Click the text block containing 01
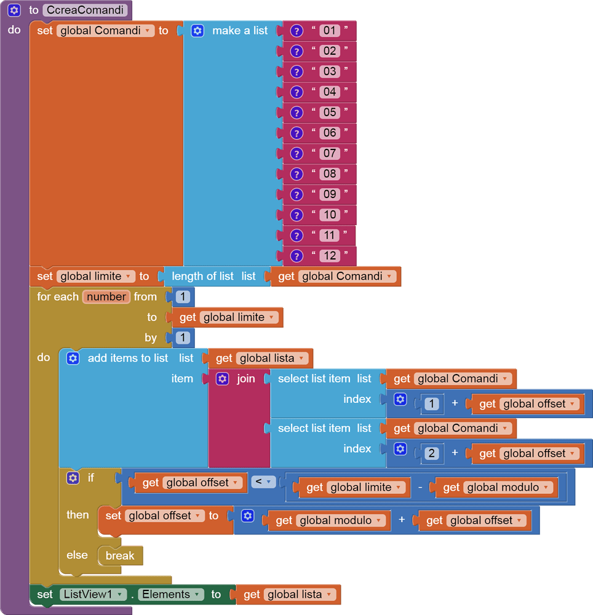pos(330,30)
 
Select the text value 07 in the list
pos(330,153)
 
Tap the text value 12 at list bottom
pos(330,256)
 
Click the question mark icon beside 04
pos(296,92)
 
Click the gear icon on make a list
pos(197,30)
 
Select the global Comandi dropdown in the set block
pos(105,30)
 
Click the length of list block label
pos(202,276)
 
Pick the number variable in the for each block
pos(106,296)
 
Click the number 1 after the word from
pos(183,297)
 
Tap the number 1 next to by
pos(183,338)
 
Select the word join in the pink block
pos(245,379)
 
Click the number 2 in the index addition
pos(431,453)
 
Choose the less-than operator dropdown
pos(263,482)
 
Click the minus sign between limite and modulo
pos(420,487)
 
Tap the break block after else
pos(120,555)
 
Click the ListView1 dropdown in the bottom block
pos(93,594)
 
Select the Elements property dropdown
pos(170,594)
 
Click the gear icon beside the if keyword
pos(73,477)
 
